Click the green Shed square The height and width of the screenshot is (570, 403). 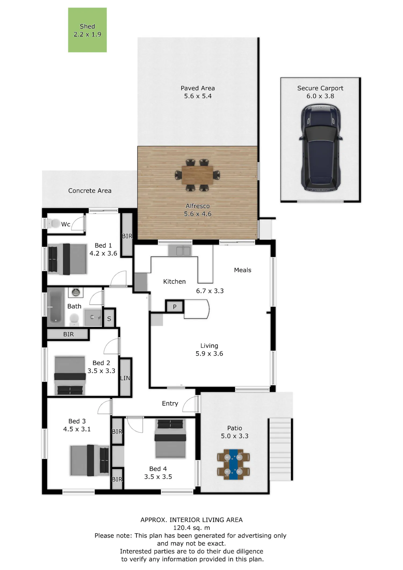pyautogui.click(x=87, y=30)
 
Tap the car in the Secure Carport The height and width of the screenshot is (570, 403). pyautogui.click(x=321, y=147)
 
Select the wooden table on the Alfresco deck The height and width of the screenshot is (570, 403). pyautogui.click(x=197, y=175)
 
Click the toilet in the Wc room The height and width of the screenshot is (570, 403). pyautogui.click(x=54, y=223)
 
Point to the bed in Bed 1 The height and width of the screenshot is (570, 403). pyautogui.click(x=67, y=259)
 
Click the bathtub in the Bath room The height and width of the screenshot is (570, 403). pyautogui.click(x=56, y=307)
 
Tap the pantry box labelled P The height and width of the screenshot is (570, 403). pyautogui.click(x=175, y=306)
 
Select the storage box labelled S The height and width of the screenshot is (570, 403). pyautogui.click(x=109, y=319)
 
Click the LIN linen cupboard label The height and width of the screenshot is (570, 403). pyautogui.click(x=125, y=378)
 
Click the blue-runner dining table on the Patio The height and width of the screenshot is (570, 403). pyautogui.click(x=233, y=464)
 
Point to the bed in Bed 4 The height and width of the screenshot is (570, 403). pyautogui.click(x=170, y=439)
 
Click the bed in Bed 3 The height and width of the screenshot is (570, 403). pyautogui.click(x=90, y=460)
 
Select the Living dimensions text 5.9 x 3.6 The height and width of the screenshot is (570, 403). pyautogui.click(x=209, y=353)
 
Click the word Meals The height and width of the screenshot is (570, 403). pyautogui.click(x=243, y=270)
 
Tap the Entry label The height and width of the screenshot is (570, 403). pyautogui.click(x=170, y=403)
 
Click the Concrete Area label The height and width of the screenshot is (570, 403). pyautogui.click(x=90, y=191)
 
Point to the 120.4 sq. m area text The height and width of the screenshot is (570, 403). pyautogui.click(x=192, y=528)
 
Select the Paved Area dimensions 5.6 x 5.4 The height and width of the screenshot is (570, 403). pyautogui.click(x=198, y=96)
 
